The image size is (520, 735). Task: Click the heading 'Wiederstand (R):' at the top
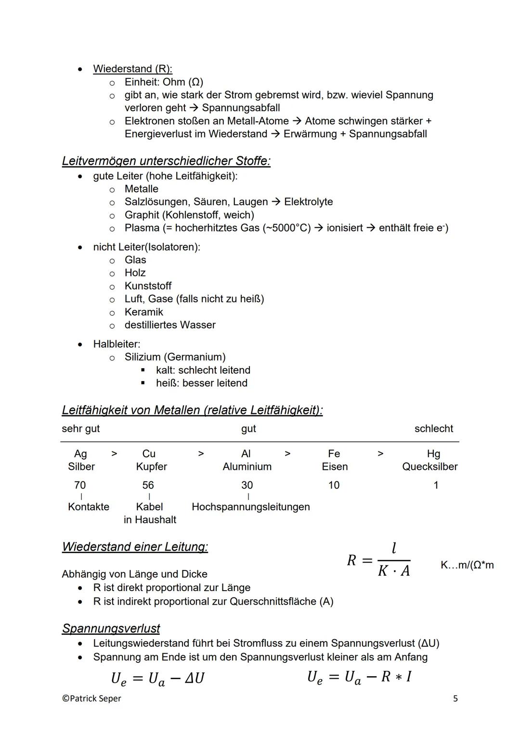tap(132, 69)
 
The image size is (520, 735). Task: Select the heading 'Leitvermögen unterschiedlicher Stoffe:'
tap(166, 161)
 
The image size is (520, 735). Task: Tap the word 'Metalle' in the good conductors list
tap(141, 189)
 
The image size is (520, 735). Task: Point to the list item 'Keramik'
tap(143, 312)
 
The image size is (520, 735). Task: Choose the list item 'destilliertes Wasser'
tap(170, 325)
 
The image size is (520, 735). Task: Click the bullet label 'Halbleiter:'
tap(117, 344)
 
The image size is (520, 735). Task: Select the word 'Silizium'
tap(144, 357)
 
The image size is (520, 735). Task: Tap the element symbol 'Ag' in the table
tap(80, 454)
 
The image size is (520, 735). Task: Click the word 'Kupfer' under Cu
tap(151, 466)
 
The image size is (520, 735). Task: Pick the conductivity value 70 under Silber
tap(80, 485)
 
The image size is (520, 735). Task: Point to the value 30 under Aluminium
tap(247, 485)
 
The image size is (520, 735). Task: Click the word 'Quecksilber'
tap(430, 466)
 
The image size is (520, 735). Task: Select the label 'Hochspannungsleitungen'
tap(250, 507)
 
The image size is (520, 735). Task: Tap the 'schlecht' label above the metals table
tap(433, 428)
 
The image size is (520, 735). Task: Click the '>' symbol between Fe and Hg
tap(380, 454)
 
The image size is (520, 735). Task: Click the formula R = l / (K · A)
tap(379, 560)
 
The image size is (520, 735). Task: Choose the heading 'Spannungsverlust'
tap(111, 629)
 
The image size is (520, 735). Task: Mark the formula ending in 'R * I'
tap(359, 677)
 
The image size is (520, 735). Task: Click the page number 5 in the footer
tap(455, 698)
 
